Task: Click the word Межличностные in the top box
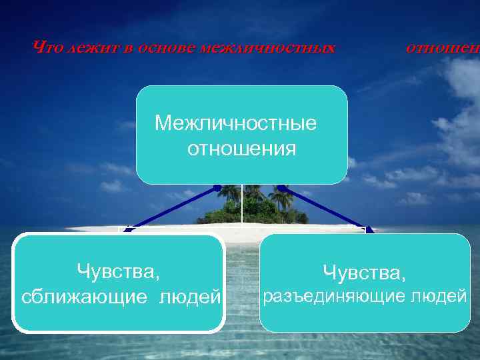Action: tap(235, 123)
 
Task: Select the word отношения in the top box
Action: tap(241, 148)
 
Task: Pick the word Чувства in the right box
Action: tap(364, 272)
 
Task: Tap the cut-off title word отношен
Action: tap(442, 47)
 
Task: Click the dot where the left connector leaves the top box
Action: tap(217, 187)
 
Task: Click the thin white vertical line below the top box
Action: tap(241, 207)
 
